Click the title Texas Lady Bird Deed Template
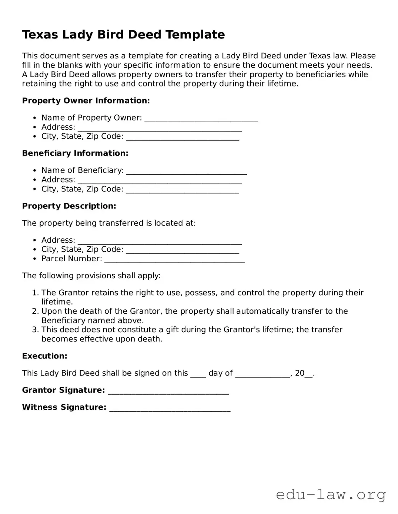pyautogui.click(x=123, y=35)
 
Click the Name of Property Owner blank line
pyautogui.click(x=201, y=119)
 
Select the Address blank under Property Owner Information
pyautogui.click(x=160, y=128)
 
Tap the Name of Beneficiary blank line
pyautogui.click(x=186, y=171)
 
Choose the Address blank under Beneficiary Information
pyautogui.click(x=160, y=180)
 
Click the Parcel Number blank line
pyautogui.click(x=174, y=259)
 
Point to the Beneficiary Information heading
pyautogui.click(x=75, y=153)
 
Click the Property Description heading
pyautogui.click(x=69, y=206)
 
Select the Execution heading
pyautogui.click(x=44, y=356)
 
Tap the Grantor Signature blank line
pyautogui.click(x=168, y=391)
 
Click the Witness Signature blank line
pyautogui.click(x=170, y=408)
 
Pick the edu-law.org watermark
pyautogui.click(x=331, y=494)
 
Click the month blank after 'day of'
pyautogui.click(x=262, y=374)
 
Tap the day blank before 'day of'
pyautogui.click(x=198, y=374)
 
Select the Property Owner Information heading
pyautogui.click(x=86, y=101)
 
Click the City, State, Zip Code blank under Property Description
pyautogui.click(x=183, y=250)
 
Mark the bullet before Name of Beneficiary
pyautogui.click(x=34, y=171)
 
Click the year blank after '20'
pyautogui.click(x=309, y=374)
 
